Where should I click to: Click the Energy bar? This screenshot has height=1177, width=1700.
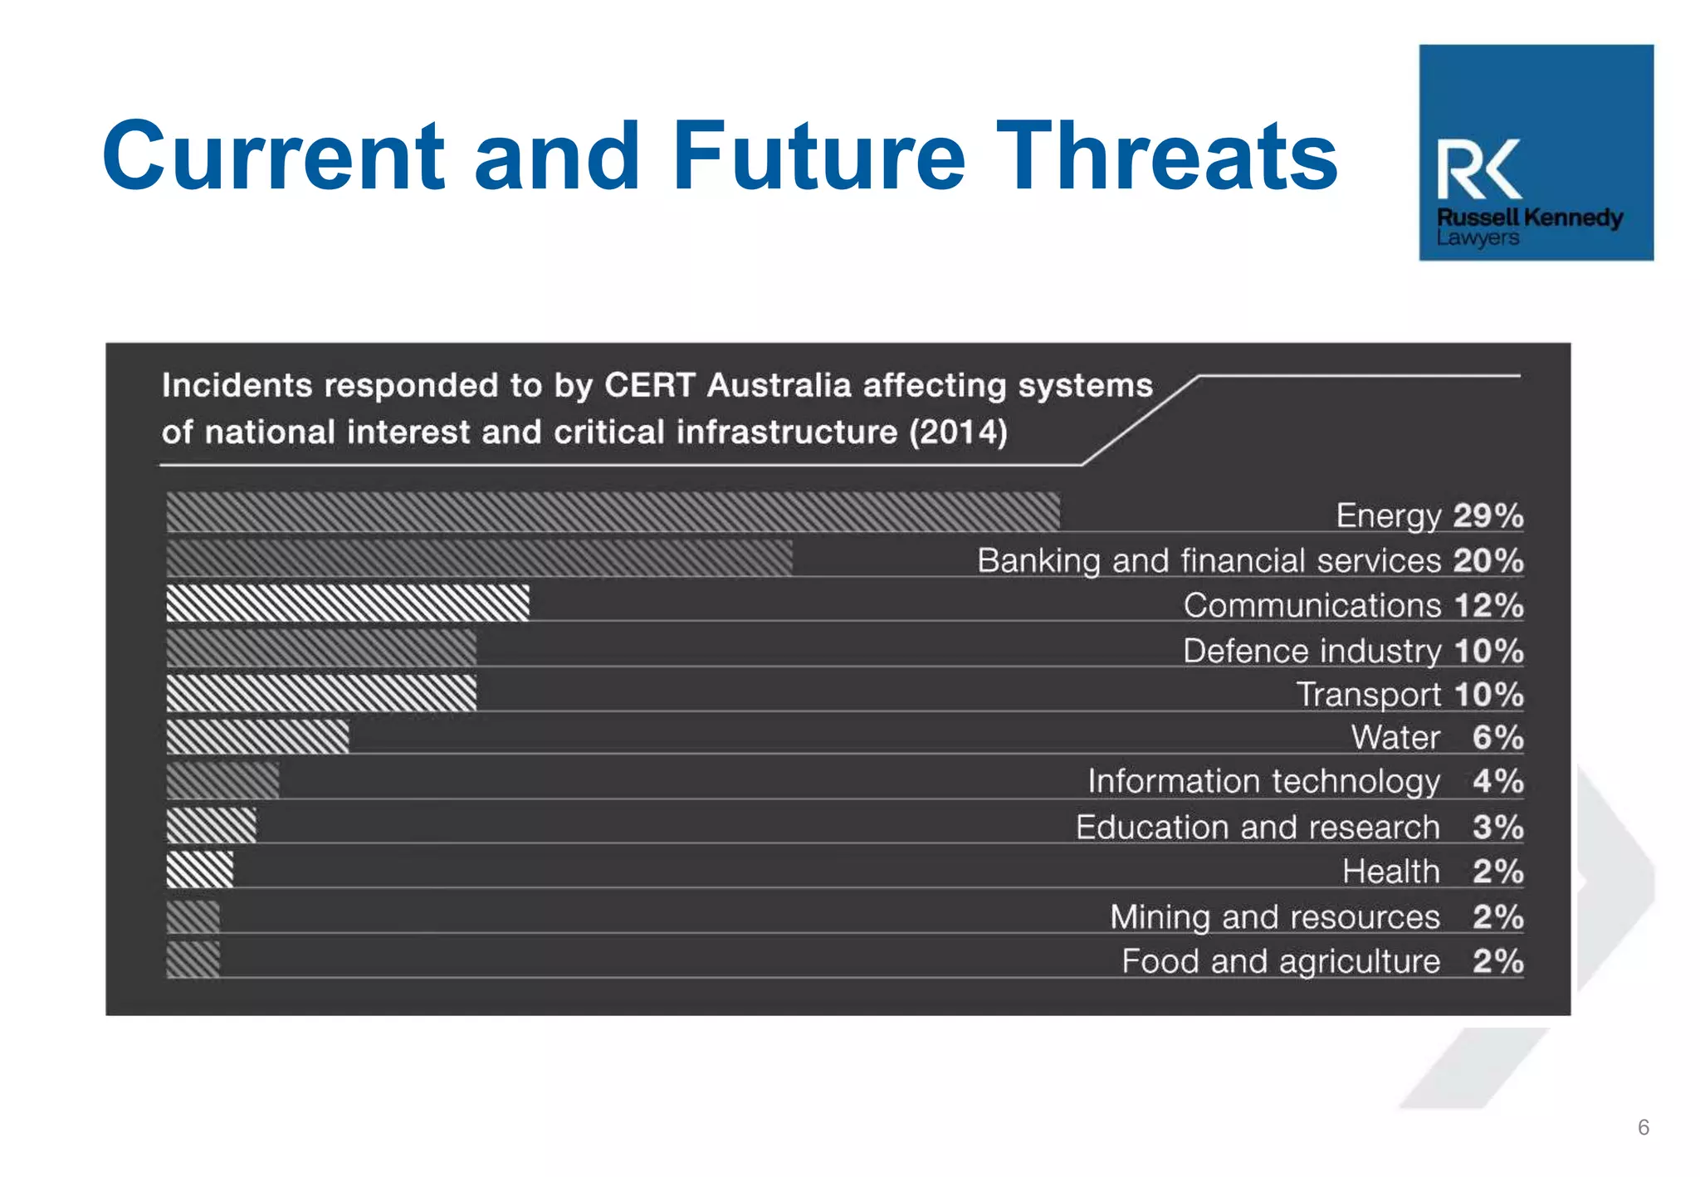coord(613,511)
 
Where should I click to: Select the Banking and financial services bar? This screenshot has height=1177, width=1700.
coord(479,558)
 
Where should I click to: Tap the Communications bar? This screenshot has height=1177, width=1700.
coord(347,603)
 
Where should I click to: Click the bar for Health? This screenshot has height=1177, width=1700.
coord(200,870)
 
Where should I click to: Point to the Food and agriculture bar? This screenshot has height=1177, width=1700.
coord(193,960)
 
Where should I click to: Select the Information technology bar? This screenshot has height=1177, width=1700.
coord(222,780)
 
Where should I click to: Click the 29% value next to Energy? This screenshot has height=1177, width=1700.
coord(1488,515)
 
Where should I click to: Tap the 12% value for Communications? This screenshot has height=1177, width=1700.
coord(1488,605)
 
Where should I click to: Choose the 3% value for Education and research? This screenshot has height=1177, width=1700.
coord(1497,827)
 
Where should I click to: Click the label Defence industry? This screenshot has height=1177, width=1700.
coord(1312,651)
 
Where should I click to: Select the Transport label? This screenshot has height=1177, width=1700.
coord(1368,695)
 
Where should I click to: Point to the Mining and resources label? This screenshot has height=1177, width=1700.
coord(1274,916)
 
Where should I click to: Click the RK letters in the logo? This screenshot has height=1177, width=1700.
coord(1479,169)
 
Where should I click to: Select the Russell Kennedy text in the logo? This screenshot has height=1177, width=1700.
coord(1529,217)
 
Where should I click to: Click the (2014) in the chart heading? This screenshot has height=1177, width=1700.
coord(958,432)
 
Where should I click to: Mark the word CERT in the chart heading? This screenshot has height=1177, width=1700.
coord(649,385)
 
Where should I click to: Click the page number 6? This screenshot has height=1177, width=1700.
coord(1643,1126)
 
